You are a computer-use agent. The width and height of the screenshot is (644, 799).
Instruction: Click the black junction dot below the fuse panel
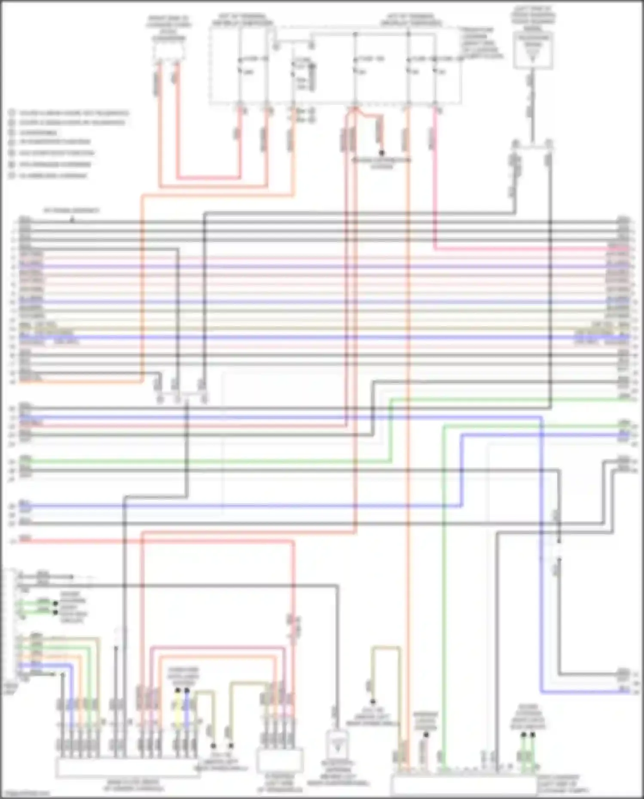tap(381, 153)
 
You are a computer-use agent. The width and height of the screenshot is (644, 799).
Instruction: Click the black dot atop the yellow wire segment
tap(177, 690)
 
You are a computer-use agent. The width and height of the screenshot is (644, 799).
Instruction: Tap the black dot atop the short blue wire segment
tap(187, 690)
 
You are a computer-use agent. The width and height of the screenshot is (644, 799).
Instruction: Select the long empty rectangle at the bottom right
tap(464, 785)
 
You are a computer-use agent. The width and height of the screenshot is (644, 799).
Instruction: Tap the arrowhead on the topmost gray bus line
tap(72, 220)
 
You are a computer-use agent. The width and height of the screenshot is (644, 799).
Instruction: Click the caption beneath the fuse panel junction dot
tap(382, 163)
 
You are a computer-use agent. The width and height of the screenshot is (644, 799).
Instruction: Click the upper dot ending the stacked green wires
tap(55, 603)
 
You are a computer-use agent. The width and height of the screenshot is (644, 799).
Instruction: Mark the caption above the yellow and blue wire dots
tap(183, 677)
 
